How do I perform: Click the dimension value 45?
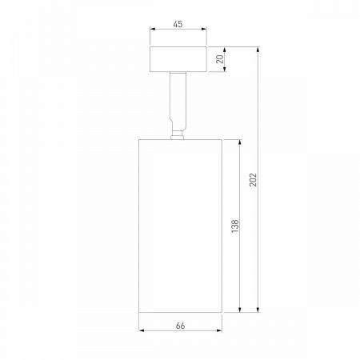pyautogui.click(x=178, y=25)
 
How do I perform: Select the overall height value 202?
pyautogui.click(x=254, y=178)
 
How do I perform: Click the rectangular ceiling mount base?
pyautogui.click(x=178, y=59)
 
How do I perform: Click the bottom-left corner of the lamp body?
pyautogui.click(x=139, y=311)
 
